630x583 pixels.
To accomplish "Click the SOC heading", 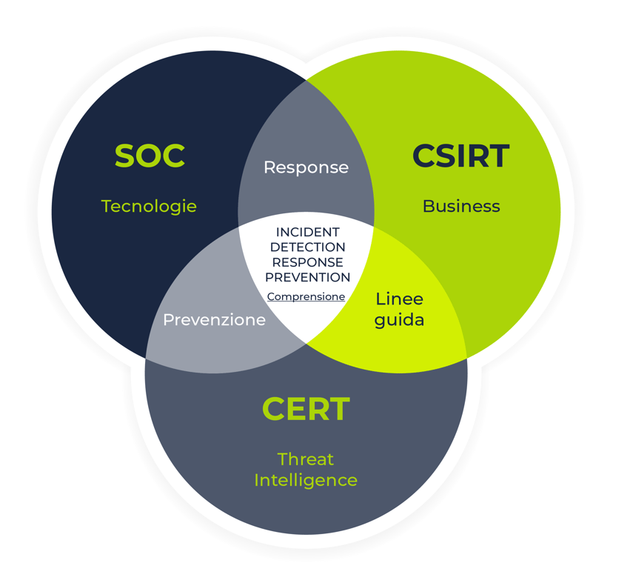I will (150, 156).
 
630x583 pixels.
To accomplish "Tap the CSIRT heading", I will (460, 156).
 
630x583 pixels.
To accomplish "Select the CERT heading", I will (306, 410).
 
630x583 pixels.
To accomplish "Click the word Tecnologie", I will (149, 206).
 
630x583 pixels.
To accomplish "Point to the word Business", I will (461, 206).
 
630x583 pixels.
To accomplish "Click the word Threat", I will (306, 459).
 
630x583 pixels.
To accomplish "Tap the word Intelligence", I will (306, 480).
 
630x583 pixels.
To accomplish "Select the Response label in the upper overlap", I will (306, 167).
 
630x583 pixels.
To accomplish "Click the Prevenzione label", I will (214, 320).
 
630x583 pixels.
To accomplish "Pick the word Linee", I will (399, 299).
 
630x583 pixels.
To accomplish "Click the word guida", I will (399, 321).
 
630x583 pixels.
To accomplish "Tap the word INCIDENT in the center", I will (307, 233).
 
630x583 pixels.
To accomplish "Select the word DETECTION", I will (307, 247).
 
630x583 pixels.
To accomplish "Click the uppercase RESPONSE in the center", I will (307, 262).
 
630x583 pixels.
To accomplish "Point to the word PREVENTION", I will (307, 277).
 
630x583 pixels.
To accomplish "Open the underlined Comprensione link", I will (306, 296).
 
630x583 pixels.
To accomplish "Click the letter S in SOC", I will (126, 156).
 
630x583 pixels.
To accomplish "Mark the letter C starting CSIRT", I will (424, 156).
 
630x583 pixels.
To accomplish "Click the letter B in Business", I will (428, 206).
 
